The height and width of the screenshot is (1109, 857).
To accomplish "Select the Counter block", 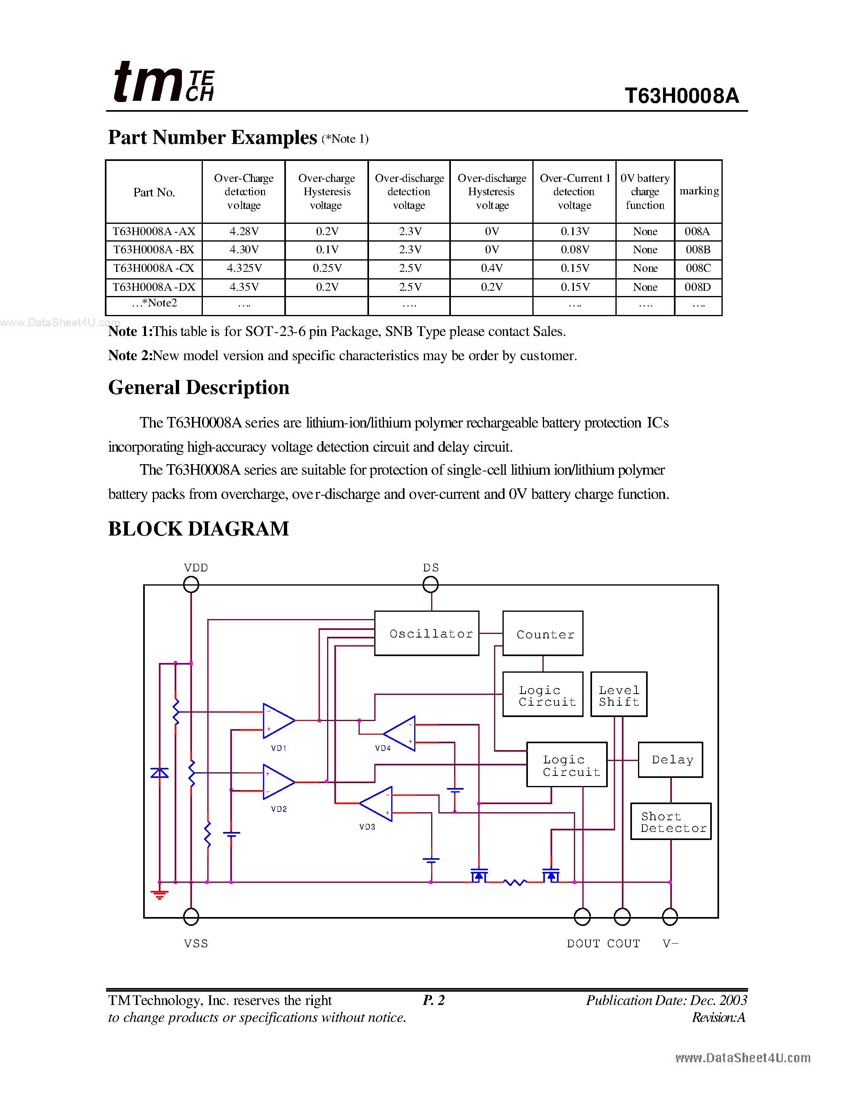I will tap(543, 633).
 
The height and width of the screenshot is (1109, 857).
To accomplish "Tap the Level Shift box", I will tap(619, 694).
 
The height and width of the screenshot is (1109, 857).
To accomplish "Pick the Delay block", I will tap(670, 760).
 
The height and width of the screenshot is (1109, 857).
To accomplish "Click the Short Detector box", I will tap(671, 821).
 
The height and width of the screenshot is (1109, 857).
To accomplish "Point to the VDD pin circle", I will tap(191, 584).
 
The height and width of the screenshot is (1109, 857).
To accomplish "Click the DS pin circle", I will tap(431, 584).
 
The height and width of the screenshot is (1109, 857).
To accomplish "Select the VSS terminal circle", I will tap(191, 917).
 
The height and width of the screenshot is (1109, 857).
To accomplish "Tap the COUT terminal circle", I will tap(622, 917).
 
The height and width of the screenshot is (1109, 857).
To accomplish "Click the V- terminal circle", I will tap(670, 917).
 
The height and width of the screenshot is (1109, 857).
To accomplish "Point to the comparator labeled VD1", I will tap(278, 721).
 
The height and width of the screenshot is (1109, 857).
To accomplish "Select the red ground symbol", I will tap(159, 895).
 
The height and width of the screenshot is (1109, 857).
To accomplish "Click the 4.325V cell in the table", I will tap(244, 268).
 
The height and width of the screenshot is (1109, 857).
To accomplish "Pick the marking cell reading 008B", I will tap(698, 250).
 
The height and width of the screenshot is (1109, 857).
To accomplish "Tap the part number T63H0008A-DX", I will tap(154, 287).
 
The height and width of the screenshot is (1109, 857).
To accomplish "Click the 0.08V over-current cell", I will tap(574, 250).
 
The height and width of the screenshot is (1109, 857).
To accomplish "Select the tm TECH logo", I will tap(163, 82).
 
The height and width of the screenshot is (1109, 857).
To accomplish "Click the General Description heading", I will tap(198, 388).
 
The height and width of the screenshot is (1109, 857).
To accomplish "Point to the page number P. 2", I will tap(434, 1000).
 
